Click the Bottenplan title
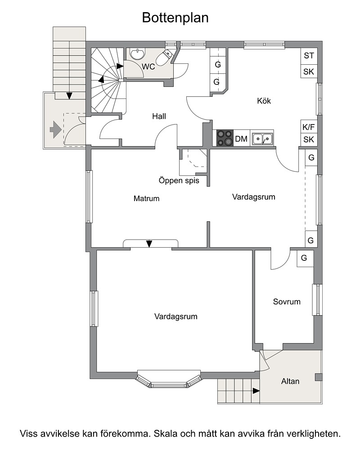(x=175, y=18)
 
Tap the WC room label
(x=148, y=67)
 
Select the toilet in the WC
(x=164, y=57)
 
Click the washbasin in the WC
(x=138, y=54)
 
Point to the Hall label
(x=159, y=116)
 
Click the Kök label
(x=264, y=101)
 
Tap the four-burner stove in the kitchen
(x=225, y=138)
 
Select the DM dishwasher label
(x=241, y=139)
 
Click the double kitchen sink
(x=262, y=139)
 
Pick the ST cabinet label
(x=309, y=55)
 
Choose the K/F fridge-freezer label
(x=309, y=127)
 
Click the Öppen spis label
(x=179, y=181)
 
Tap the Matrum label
(x=146, y=198)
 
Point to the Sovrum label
(x=287, y=302)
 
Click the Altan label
(x=290, y=381)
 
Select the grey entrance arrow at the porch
(x=55, y=130)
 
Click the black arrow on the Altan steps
(x=256, y=391)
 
